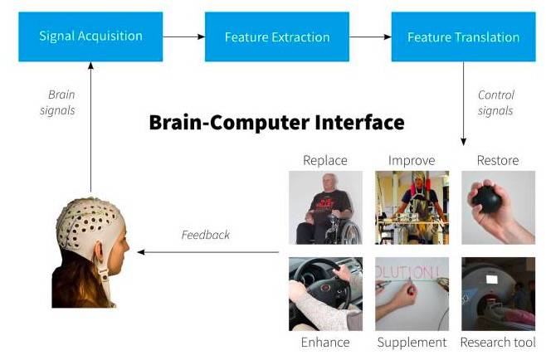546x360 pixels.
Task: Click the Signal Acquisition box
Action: point(90,36)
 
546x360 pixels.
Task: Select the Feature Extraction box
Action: point(277,36)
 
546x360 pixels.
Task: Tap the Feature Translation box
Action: point(464,36)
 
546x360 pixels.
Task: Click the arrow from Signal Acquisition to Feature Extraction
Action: point(184,36)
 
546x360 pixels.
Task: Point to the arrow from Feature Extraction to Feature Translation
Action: point(370,36)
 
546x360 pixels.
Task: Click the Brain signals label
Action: point(58,102)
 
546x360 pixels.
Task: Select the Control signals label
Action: point(495,103)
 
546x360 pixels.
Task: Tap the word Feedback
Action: point(206,235)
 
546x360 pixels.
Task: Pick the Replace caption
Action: point(325,160)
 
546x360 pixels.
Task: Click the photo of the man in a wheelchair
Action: point(325,207)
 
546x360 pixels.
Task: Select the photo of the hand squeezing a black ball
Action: point(499,207)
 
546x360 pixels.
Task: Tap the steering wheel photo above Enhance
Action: point(325,294)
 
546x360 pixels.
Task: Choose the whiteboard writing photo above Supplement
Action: point(412,294)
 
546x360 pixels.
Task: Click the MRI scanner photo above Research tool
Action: point(499,294)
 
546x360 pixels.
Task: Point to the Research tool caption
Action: point(498,343)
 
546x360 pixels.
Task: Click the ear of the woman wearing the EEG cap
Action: point(100,251)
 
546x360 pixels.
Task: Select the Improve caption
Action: point(412,160)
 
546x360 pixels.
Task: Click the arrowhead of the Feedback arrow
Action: point(141,252)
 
